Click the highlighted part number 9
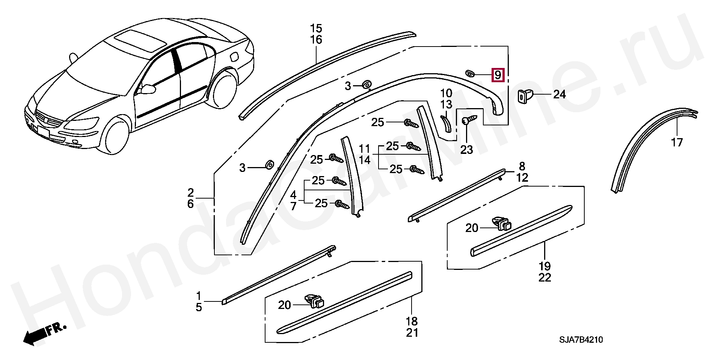coord(498,75)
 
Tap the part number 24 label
coord(559,94)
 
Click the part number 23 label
coord(467,150)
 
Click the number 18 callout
coord(412,321)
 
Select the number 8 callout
coord(522,166)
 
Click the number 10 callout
coord(446,93)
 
